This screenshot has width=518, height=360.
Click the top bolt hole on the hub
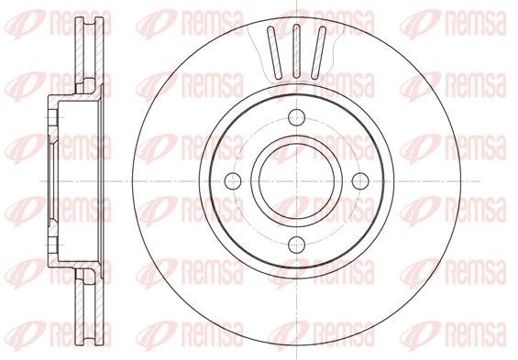[297, 117]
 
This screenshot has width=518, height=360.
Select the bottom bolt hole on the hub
[297, 244]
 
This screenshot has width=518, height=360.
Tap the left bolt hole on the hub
[233, 180]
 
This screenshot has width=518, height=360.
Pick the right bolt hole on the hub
[359, 180]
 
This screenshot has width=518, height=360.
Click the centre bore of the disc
[297, 180]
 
